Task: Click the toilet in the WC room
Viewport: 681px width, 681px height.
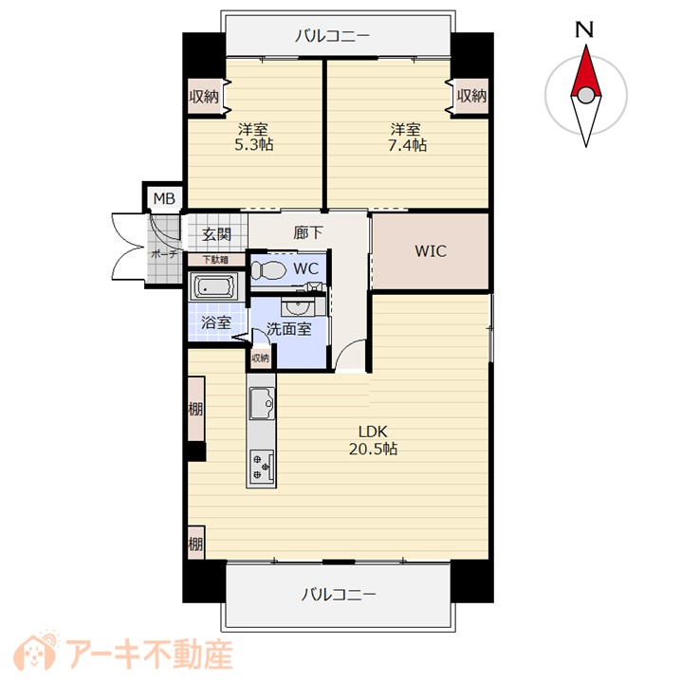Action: tap(268, 270)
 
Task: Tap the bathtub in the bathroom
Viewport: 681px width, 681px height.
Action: tap(212, 286)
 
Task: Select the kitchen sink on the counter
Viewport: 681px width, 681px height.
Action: tap(262, 403)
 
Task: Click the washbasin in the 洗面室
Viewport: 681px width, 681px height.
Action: tap(297, 306)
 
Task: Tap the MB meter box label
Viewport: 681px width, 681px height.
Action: tap(164, 198)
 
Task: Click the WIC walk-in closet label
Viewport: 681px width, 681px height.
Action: tap(431, 251)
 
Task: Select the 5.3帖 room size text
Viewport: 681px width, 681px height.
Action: tap(253, 144)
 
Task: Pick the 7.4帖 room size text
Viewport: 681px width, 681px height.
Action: tap(407, 145)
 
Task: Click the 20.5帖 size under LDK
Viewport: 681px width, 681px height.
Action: tap(373, 449)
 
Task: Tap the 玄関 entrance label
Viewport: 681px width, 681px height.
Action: tap(216, 234)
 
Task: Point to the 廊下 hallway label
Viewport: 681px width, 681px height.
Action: tap(308, 233)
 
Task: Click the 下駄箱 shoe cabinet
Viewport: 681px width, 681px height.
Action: tap(216, 260)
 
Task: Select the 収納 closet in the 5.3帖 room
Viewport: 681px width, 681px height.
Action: tap(204, 96)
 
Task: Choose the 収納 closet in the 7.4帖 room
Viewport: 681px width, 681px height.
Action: tap(471, 96)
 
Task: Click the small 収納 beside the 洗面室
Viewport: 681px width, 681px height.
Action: tap(260, 359)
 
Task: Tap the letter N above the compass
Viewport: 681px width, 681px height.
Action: tap(584, 29)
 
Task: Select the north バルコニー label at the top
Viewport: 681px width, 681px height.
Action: tap(332, 36)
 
